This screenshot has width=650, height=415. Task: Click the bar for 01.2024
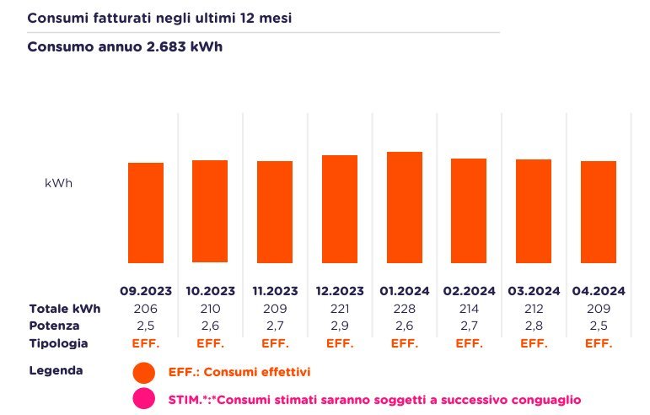point(404,207)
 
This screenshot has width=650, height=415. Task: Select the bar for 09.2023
point(146,212)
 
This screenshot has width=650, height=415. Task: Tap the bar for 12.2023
point(340,208)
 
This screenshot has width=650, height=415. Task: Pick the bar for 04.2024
point(599,211)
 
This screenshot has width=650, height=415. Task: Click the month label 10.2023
point(210,291)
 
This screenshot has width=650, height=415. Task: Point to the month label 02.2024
point(469,291)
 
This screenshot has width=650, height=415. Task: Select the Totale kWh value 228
point(404,309)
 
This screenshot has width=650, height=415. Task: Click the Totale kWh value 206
point(146,309)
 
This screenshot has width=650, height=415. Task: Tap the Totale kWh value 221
point(340,309)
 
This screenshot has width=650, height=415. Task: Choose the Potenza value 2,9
point(340,326)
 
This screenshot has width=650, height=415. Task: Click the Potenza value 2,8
point(534,326)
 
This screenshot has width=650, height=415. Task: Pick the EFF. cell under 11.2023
point(275,344)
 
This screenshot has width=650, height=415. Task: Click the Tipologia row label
point(58,344)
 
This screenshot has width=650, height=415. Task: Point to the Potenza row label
point(54,326)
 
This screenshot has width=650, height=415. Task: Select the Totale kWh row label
point(65,309)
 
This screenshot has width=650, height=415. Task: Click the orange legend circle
point(144,372)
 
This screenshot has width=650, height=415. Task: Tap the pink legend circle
point(144,399)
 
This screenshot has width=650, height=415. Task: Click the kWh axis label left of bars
point(58,183)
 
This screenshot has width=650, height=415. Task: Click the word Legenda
point(56,371)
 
